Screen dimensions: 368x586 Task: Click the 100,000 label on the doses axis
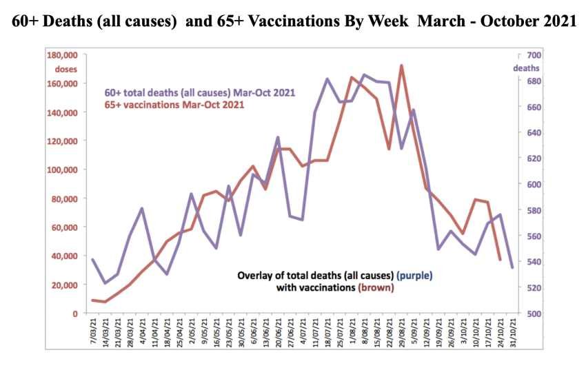tap(61, 170)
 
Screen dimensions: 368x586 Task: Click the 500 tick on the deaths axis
tap(531, 314)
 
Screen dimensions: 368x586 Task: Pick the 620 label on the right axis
tap(531, 159)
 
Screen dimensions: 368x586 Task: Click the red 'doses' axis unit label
tap(66, 69)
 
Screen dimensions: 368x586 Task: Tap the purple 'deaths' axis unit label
tap(526, 68)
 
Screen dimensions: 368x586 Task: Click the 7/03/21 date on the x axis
tap(93, 331)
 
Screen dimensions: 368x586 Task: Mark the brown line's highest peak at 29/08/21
tap(401, 66)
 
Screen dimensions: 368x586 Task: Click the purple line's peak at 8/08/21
tap(364, 74)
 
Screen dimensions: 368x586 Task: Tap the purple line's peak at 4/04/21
tap(141, 208)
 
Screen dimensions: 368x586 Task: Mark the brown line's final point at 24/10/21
tap(500, 259)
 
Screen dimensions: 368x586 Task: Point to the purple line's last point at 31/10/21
tap(512, 267)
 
